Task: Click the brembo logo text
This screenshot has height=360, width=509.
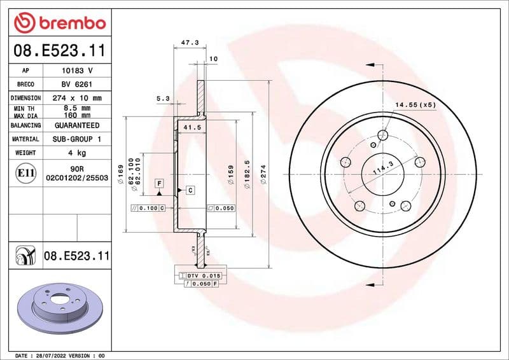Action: click(x=69, y=23)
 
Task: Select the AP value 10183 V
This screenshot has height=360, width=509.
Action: click(x=76, y=70)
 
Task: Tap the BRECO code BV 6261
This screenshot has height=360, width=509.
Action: click(x=76, y=84)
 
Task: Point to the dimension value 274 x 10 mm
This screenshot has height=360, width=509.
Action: click(x=76, y=98)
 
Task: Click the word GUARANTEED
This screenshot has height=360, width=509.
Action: click(x=76, y=125)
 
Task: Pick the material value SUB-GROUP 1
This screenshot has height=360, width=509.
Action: click(x=76, y=139)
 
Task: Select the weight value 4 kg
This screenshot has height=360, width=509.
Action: click(x=76, y=153)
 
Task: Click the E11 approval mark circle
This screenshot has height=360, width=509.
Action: click(x=26, y=172)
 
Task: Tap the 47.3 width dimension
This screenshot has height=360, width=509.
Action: click(x=190, y=43)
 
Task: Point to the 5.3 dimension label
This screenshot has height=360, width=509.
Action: click(x=163, y=99)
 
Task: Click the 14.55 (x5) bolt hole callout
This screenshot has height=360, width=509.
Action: click(x=415, y=104)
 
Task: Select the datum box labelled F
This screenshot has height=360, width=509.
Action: click(x=159, y=183)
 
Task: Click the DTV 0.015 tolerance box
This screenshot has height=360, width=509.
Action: click(x=202, y=275)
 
